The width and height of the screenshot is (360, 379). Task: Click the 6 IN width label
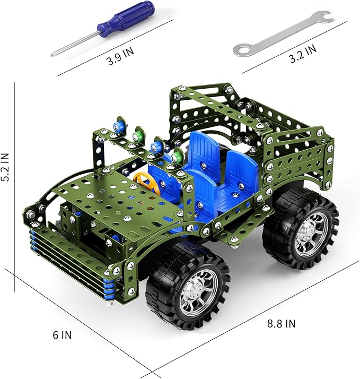63,335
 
